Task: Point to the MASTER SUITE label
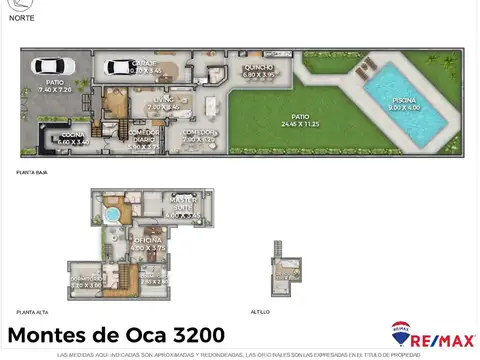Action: tap(182, 208)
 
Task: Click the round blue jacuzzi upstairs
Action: tap(113, 214)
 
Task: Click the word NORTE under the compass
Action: tap(23, 18)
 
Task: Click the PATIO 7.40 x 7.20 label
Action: tap(54, 87)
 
